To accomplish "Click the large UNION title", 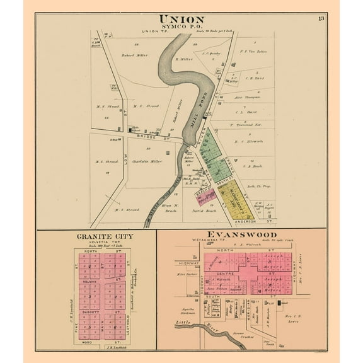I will click(181, 18).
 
